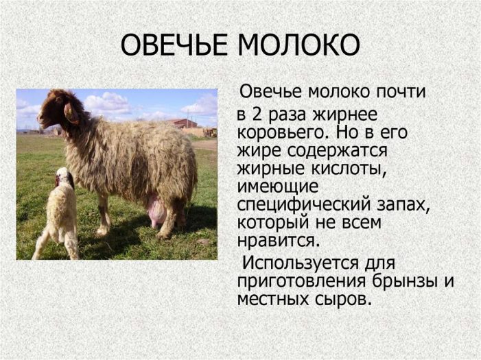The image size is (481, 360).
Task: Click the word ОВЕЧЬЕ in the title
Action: pos(174,45)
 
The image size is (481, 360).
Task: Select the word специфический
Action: pos(304,205)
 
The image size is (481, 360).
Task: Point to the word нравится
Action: pos(279,241)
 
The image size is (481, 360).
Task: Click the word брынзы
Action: pos(405,282)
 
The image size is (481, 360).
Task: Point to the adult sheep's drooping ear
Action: pos(71,113)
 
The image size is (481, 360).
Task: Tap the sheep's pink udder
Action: pos(157,211)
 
